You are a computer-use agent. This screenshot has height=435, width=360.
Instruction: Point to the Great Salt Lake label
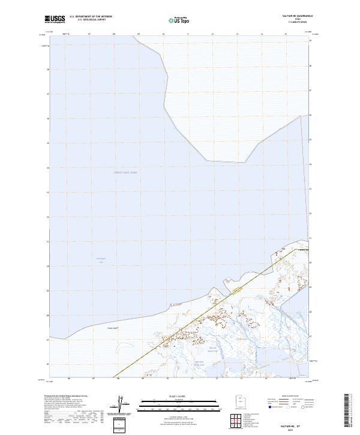tap(125, 172)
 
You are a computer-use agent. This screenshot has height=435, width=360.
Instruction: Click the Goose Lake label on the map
tap(110, 328)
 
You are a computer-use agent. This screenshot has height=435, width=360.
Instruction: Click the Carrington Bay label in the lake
tap(101, 260)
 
